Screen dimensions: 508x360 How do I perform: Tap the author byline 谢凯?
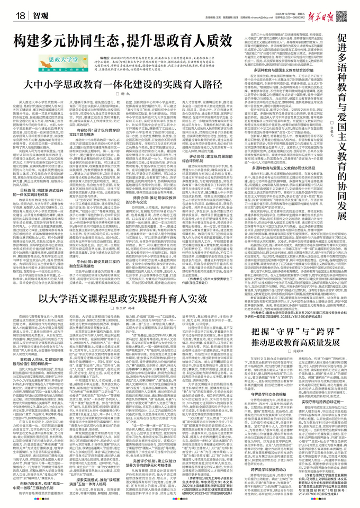146,94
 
